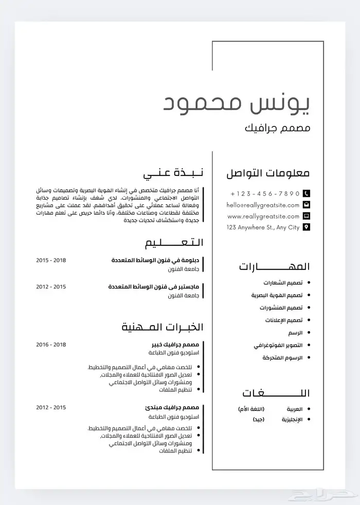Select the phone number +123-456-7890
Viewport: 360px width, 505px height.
pos(265,193)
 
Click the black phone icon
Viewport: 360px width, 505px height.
pos(307,193)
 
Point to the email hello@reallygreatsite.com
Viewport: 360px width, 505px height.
pos(263,205)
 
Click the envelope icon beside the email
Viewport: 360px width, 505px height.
pos(307,205)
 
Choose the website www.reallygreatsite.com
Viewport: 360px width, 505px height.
pos(263,216)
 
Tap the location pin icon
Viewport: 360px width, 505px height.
pos(307,227)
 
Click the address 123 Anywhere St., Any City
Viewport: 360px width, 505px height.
pos(263,227)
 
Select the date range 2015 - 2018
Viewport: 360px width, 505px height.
pos(51,260)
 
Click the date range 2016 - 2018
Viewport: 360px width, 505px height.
pos(51,344)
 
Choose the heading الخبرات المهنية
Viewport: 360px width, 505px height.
pos(163,327)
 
